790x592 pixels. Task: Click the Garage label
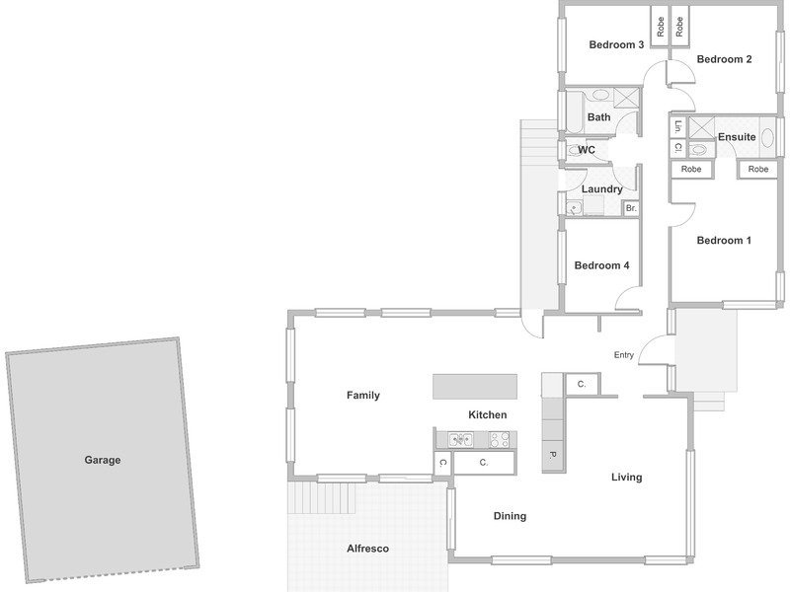click(103, 460)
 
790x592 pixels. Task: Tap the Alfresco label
click(367, 549)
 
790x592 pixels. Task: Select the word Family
click(362, 396)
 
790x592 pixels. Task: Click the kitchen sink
click(460, 439)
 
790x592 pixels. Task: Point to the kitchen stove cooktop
click(500, 439)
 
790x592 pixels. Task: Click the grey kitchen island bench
click(475, 386)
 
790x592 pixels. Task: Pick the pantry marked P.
click(552, 456)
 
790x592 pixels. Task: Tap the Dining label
click(510, 515)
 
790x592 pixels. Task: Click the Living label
click(627, 478)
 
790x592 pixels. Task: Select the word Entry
click(624, 355)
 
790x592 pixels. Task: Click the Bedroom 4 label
click(601, 265)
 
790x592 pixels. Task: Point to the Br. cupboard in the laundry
click(631, 208)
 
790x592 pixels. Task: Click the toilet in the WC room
click(575, 150)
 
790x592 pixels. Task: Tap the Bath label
click(598, 116)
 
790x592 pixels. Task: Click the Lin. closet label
click(678, 126)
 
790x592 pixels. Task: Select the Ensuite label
click(737, 137)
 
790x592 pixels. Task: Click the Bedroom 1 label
click(724, 240)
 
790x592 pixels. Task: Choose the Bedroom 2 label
click(724, 59)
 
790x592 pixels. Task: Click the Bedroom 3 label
click(616, 44)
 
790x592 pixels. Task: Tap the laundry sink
click(574, 207)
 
